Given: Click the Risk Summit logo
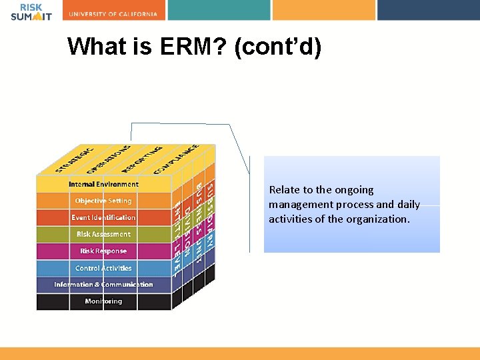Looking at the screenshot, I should pyautogui.click(x=31, y=11).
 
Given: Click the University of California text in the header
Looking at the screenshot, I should pyautogui.click(x=113, y=14).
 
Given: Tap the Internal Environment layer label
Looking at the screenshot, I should pyautogui.click(x=103, y=184).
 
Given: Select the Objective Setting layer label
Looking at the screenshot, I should pyautogui.click(x=103, y=201).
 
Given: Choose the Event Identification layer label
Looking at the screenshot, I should pyautogui.click(x=103, y=217).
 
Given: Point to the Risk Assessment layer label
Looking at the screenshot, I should pyautogui.click(x=103, y=234).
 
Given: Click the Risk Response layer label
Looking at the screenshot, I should pyautogui.click(x=103, y=251).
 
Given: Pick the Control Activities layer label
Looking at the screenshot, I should pyautogui.click(x=103, y=268).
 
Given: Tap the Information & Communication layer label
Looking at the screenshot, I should pyautogui.click(x=103, y=285).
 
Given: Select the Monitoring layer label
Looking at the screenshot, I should pyautogui.click(x=103, y=301).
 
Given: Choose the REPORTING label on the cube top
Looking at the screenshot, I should pyautogui.click(x=142, y=157).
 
